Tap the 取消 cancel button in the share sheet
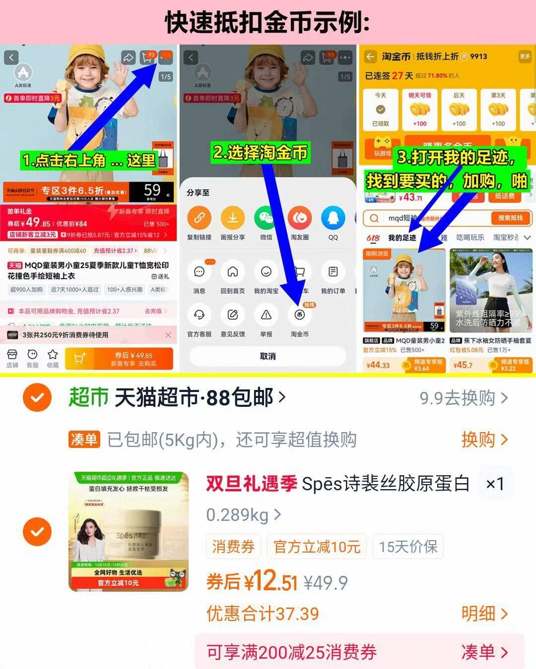[268, 356]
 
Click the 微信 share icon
[266, 218]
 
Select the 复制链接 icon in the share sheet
[199, 218]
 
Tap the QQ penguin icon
[333, 218]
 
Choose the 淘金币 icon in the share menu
[299, 315]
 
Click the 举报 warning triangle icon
[266, 315]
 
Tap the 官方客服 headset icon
[199, 315]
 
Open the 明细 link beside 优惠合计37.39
[484, 613]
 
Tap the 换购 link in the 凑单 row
[484, 440]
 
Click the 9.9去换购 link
[464, 398]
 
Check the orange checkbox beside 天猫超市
[37, 397]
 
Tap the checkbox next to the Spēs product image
[37, 532]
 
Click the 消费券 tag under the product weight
[233, 547]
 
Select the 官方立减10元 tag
[317, 547]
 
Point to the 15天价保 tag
[408, 547]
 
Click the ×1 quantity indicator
[495, 484]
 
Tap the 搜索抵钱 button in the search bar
[510, 218]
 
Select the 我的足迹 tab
[402, 238]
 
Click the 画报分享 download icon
[233, 218]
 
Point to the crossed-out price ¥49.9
[326, 583]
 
